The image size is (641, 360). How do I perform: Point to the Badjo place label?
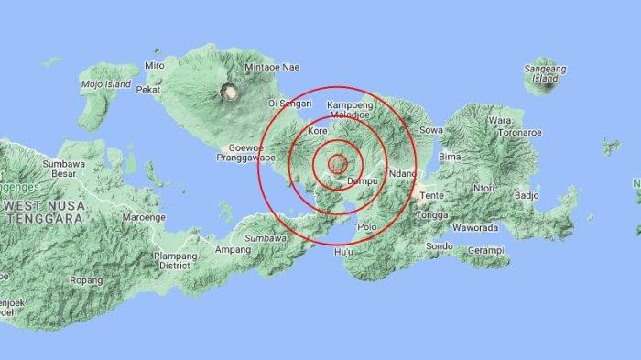pyautogui.click(x=525, y=195)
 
